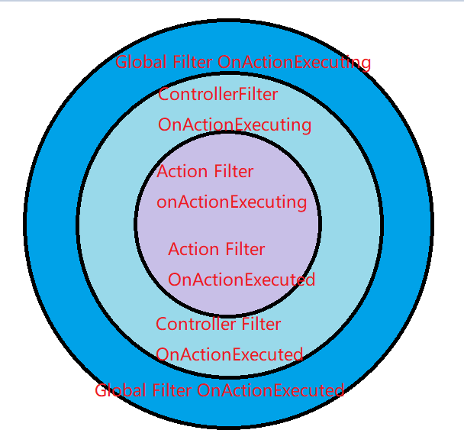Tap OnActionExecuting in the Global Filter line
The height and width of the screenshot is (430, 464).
click(x=294, y=63)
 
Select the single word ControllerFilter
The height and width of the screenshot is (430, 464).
click(x=217, y=94)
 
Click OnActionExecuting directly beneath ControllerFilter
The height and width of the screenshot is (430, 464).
click(x=234, y=125)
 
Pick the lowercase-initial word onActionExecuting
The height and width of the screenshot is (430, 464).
click(x=231, y=202)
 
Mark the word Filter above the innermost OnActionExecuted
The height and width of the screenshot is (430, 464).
click(x=243, y=250)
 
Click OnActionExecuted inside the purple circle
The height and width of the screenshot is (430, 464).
click(x=241, y=280)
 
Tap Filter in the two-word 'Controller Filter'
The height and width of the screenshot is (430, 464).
click(x=261, y=324)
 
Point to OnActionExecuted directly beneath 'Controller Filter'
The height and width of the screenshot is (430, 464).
click(x=229, y=355)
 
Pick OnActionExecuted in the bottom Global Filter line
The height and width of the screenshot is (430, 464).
click(x=270, y=391)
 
